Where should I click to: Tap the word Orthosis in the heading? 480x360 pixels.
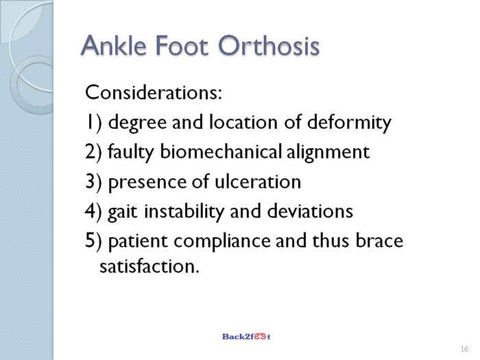[x=269, y=45]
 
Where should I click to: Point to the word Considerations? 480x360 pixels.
[x=154, y=92]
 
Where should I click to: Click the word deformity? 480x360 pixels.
[x=349, y=123]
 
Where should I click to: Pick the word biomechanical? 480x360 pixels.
[x=221, y=152]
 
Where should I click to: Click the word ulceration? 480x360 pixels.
[x=258, y=181]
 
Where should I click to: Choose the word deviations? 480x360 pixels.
[x=310, y=211]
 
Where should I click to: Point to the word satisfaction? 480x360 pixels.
[x=149, y=266]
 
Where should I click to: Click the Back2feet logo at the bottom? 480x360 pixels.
[x=246, y=337]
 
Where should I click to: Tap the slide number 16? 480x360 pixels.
[x=464, y=349]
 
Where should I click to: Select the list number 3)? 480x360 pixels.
[x=93, y=182]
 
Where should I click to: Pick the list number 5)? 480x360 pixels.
[x=93, y=241]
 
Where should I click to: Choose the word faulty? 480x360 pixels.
[x=131, y=153]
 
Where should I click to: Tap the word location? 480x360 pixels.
[x=243, y=122]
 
